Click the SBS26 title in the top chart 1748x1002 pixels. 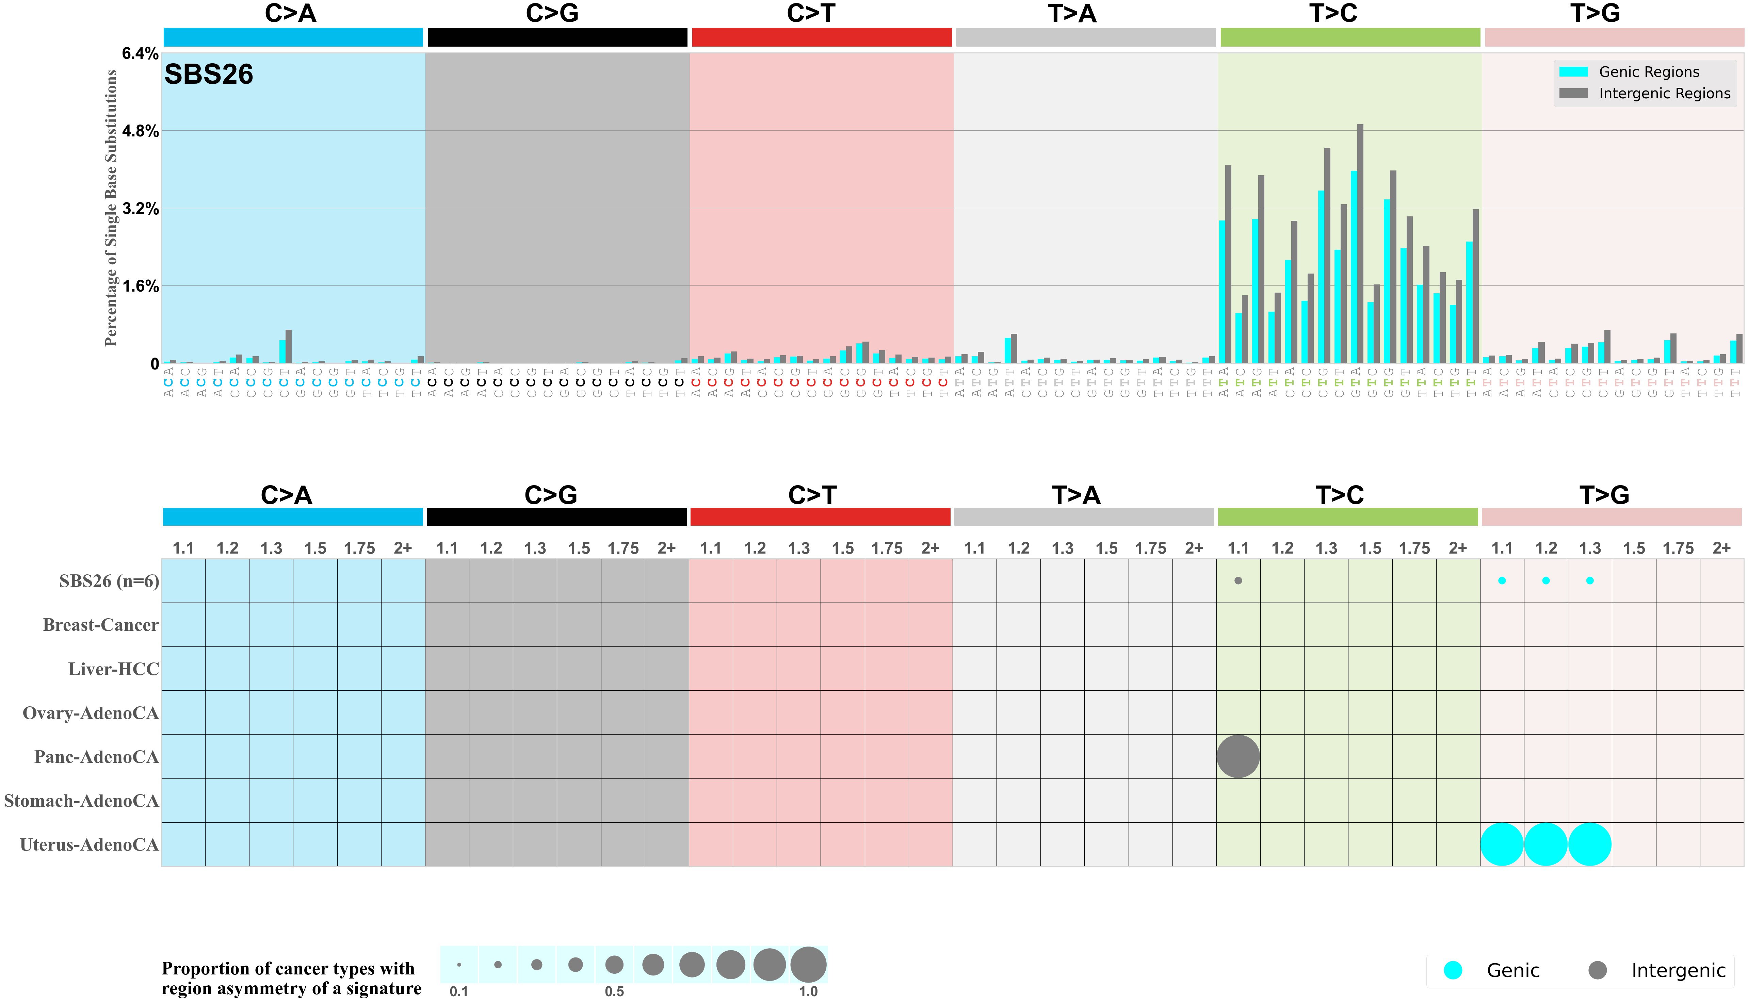209,74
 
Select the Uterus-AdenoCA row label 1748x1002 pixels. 90,845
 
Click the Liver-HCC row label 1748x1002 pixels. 114,669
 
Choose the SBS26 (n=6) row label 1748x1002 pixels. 109,581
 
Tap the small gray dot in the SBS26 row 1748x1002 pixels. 1238,581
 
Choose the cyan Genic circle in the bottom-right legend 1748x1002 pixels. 1453,970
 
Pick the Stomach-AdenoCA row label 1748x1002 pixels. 81,801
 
